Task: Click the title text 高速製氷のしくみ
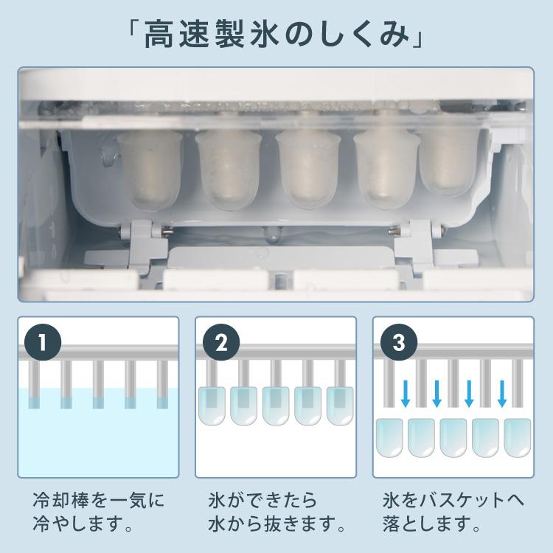click(x=276, y=35)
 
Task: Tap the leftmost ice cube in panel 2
click(x=212, y=406)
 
